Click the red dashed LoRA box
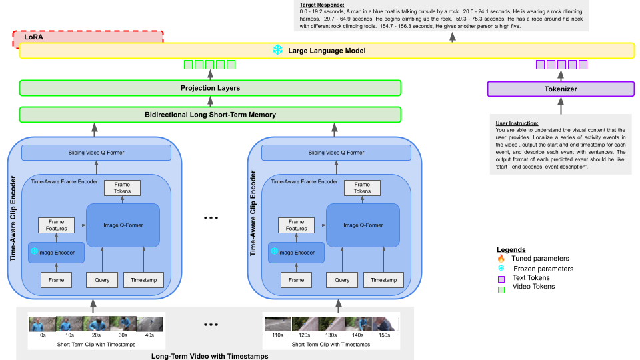pos(88,37)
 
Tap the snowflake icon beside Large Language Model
pos(277,50)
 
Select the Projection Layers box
pos(210,88)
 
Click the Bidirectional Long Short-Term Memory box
pos(210,115)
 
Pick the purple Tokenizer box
pos(561,89)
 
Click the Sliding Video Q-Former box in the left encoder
pos(96,153)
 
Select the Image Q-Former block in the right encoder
pos(363,225)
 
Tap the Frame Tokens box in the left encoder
pos(122,188)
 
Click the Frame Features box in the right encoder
pos(296,225)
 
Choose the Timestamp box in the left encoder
pos(144,280)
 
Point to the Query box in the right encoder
pos(342,280)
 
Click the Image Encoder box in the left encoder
pos(56,253)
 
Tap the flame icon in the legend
pos(501,259)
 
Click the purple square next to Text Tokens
pos(501,279)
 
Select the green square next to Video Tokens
pos(501,290)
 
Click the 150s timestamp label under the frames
pos(384,335)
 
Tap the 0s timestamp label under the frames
pos(43,335)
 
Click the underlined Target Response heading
pos(322,5)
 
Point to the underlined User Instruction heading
pos(517,123)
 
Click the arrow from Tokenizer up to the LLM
pos(561,75)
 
